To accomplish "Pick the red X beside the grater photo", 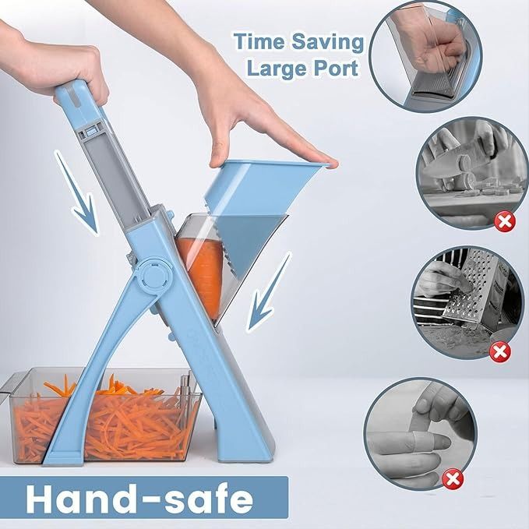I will pos(499,351).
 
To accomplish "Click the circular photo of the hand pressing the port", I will pos(425,55).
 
